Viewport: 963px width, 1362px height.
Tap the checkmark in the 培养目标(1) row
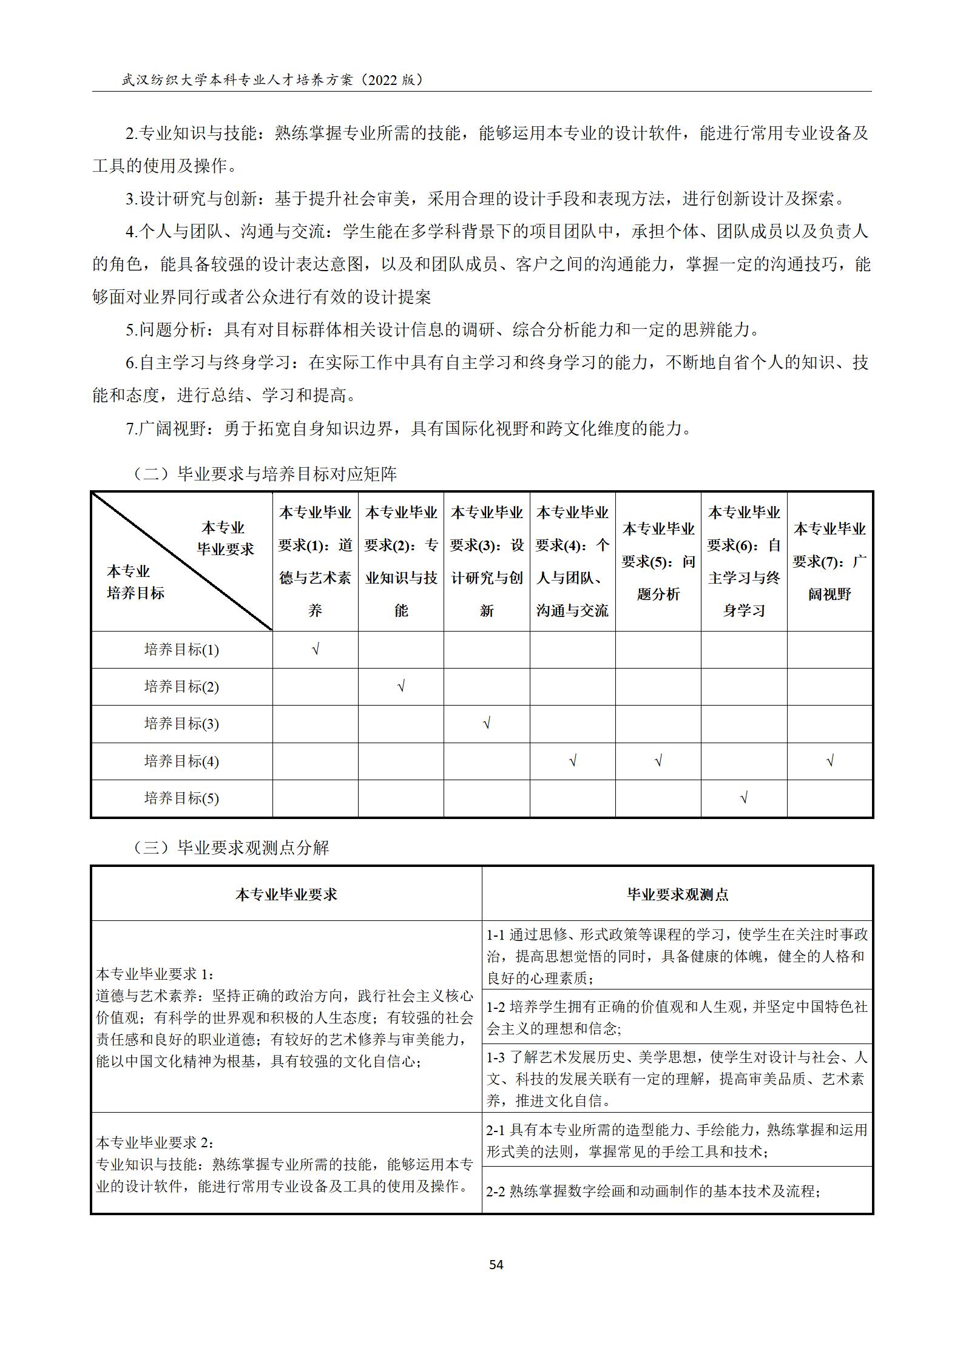316,650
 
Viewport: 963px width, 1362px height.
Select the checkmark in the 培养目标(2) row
401,686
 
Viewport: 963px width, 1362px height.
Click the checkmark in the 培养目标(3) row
487,723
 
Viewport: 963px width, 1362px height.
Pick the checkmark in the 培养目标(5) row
744,798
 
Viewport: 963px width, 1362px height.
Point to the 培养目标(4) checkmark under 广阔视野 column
830,761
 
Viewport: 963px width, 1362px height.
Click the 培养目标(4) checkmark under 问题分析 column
658,761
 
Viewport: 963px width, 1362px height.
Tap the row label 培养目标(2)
181,687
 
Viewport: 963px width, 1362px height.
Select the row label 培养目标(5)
181,798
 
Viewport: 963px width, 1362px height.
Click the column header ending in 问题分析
658,561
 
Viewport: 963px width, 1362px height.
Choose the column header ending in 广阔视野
830,561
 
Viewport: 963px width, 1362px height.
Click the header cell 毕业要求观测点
677,894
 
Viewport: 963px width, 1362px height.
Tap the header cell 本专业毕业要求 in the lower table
286,894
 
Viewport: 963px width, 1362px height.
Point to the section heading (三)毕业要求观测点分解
230,848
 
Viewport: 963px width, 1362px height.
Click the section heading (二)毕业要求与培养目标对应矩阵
264,474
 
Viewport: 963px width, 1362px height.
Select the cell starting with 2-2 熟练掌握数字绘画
653,1191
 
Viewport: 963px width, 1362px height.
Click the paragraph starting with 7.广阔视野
408,428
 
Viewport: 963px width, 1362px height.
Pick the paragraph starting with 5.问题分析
442,329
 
